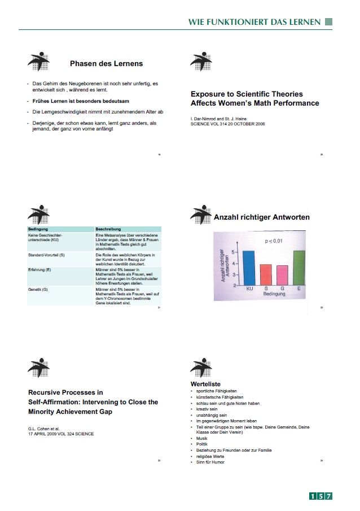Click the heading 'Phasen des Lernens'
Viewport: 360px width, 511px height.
pos(106,63)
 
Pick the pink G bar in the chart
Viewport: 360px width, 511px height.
pos(282,275)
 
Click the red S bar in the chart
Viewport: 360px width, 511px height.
pos(265,274)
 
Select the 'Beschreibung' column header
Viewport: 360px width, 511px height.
pos(108,229)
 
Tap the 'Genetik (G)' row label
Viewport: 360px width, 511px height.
pos(39,289)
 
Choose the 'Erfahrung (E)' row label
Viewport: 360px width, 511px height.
pos(41,270)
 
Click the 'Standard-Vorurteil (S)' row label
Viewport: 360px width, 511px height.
pos(47,256)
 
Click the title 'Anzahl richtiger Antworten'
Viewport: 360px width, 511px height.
pos(262,217)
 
